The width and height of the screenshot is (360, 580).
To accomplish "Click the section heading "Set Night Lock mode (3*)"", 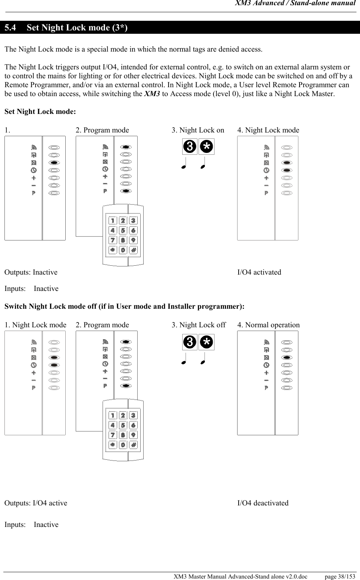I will [x=77, y=28].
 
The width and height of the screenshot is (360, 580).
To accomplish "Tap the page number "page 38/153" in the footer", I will [x=340, y=576].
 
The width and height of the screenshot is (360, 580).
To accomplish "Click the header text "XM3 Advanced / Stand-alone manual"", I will [x=295, y=4].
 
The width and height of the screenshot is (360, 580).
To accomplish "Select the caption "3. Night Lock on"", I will [x=198, y=130].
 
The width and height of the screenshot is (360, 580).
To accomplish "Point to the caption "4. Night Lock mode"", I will [x=268, y=130].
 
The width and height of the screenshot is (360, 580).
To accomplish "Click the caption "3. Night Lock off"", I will [x=199, y=325].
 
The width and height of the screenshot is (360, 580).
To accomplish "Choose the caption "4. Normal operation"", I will [x=268, y=325].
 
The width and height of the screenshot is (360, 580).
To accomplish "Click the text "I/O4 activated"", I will [x=259, y=272].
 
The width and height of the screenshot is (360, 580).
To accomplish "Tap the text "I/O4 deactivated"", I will [x=263, y=503].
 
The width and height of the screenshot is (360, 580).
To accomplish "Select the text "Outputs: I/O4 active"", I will [x=36, y=503].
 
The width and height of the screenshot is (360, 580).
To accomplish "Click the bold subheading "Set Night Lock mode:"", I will [x=40, y=112].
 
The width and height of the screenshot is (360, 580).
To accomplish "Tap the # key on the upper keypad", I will [x=133, y=250].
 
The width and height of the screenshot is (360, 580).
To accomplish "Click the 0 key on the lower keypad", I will [x=123, y=445].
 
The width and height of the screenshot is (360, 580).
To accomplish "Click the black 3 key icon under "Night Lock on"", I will [x=190, y=147].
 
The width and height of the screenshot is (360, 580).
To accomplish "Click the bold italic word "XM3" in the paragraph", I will [x=152, y=94].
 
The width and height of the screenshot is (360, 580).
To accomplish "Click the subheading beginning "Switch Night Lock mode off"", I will [x=124, y=307].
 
